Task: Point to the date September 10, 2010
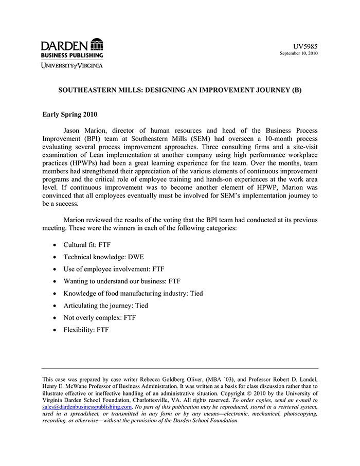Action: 298,53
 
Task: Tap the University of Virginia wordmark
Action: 72,65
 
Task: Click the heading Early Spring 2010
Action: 69,115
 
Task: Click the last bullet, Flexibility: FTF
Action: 86,330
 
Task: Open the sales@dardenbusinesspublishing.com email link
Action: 87,406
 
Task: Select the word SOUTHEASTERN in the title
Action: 88,90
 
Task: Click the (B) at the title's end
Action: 297,90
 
